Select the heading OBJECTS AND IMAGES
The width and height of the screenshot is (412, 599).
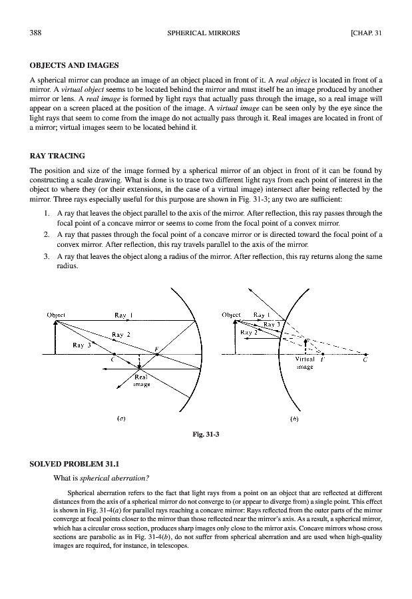click(75, 65)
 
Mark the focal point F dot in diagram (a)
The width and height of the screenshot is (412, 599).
click(157, 354)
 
